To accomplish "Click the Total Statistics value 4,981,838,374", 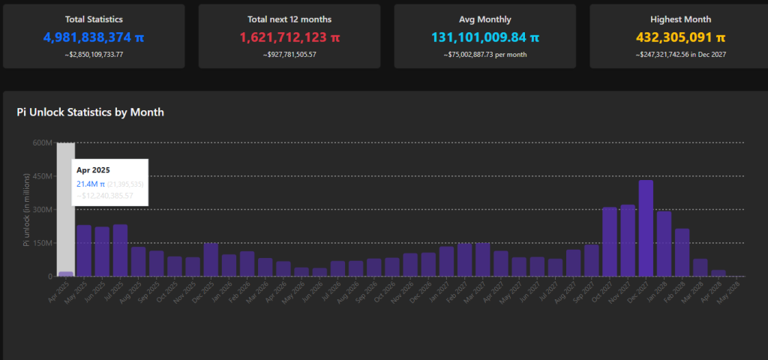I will (x=87, y=37).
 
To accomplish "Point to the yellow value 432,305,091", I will (x=674, y=37).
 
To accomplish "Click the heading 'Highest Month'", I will (x=681, y=19).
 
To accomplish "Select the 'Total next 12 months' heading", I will (x=289, y=19).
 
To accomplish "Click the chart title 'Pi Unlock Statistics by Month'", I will (x=90, y=112).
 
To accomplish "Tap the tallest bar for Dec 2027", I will (x=646, y=228).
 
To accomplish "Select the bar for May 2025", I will (x=84, y=250).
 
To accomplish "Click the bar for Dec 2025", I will (x=211, y=259).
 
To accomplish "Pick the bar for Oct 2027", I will (x=610, y=241).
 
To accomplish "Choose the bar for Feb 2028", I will (x=682, y=252).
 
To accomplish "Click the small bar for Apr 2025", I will (x=66, y=274).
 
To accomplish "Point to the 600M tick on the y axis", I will (x=40, y=142).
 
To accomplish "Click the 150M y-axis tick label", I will (x=40, y=243).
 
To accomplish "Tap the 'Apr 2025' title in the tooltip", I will (x=93, y=170).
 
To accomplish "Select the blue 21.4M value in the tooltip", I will (x=91, y=184).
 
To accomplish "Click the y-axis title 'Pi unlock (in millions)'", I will (x=25, y=209).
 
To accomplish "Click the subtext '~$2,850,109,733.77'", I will (x=94, y=55).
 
